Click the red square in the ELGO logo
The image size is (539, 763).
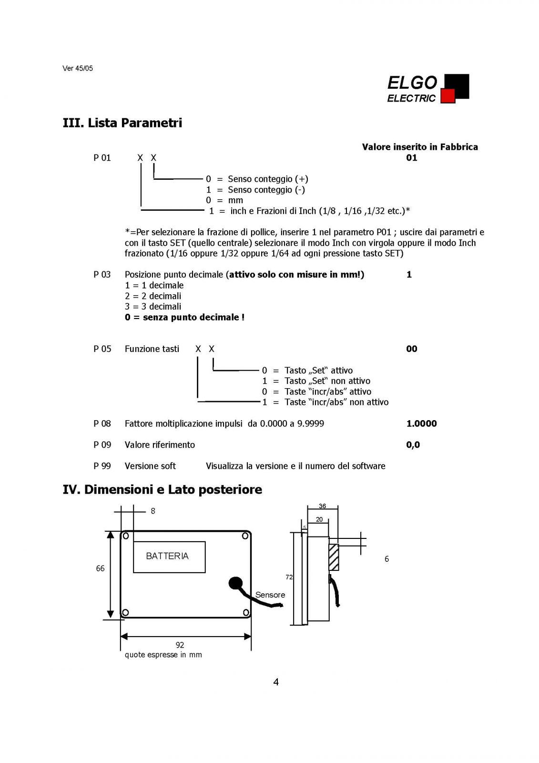click(x=448, y=96)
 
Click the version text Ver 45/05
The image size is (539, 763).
click(x=78, y=68)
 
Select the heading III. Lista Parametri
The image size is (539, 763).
click(x=122, y=123)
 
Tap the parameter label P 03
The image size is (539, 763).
click(x=102, y=275)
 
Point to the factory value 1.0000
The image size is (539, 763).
click(x=422, y=423)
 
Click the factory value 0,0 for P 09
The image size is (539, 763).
click(x=413, y=445)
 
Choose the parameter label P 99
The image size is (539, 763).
click(x=102, y=466)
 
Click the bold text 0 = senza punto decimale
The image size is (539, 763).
click(x=184, y=317)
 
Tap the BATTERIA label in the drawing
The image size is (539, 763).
click(x=167, y=556)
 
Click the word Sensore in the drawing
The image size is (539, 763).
click(x=270, y=595)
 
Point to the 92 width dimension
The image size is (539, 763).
click(x=180, y=645)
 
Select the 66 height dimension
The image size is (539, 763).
click(x=100, y=568)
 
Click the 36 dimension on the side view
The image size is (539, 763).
click(x=322, y=506)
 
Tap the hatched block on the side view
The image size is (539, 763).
click(x=334, y=557)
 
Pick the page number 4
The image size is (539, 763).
click(x=276, y=682)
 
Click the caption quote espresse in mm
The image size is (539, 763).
click(x=163, y=655)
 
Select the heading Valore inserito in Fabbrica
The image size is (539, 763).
click(x=420, y=147)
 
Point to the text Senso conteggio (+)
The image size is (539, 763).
click(x=268, y=179)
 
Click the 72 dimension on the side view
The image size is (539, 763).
click(x=289, y=577)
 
